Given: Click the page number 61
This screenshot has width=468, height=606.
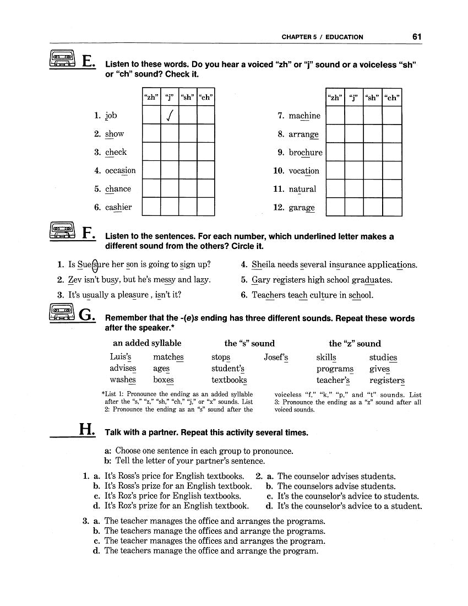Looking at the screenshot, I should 416,37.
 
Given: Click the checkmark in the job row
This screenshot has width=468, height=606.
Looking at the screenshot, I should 170,116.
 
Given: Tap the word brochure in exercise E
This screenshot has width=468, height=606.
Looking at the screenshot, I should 306,153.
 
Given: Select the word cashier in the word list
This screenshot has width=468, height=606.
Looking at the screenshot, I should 118,207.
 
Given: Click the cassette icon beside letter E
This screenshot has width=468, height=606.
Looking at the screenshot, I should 62,58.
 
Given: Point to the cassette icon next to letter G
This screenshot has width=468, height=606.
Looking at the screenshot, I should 62,313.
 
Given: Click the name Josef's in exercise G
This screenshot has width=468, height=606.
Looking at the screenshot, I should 276,357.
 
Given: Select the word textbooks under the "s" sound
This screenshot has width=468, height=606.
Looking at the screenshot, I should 229,380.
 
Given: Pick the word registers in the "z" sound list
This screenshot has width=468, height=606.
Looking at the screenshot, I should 387,380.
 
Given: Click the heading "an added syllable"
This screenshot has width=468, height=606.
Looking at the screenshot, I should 147,343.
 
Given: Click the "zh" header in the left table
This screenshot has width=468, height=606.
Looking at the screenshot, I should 151,98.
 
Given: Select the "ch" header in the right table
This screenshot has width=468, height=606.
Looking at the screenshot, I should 392,98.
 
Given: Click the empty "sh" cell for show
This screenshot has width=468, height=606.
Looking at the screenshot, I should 188,134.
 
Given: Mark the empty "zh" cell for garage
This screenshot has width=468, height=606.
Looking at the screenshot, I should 335,207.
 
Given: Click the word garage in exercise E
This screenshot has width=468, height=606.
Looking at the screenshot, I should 302,208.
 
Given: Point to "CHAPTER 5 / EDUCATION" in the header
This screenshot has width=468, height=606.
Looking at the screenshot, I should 322,37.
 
